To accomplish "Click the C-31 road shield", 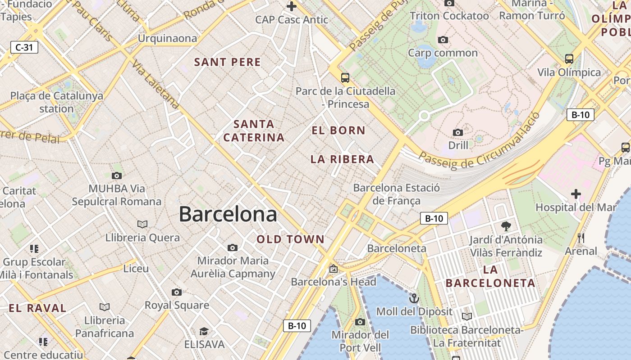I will [x=24, y=47].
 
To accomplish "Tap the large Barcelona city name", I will [x=228, y=214].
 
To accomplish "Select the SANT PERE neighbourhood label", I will [x=228, y=62].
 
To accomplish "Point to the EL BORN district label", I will [x=338, y=130].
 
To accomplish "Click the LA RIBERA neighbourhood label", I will [x=342, y=159].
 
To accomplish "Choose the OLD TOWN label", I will [x=291, y=239].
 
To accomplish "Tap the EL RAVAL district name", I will [x=38, y=308].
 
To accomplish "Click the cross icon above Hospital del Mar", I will [x=576, y=194].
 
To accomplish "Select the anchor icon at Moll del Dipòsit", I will [x=414, y=298].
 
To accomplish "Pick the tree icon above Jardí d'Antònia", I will [x=506, y=226].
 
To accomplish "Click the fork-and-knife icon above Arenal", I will [x=581, y=238].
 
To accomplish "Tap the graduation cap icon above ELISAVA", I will [x=204, y=332].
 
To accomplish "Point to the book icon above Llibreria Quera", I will [x=142, y=224].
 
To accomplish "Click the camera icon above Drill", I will [x=458, y=132].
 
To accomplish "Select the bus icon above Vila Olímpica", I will [x=569, y=58].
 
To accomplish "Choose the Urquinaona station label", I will [x=167, y=38].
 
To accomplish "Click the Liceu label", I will [x=136, y=269].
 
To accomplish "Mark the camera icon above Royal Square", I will [x=177, y=292].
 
